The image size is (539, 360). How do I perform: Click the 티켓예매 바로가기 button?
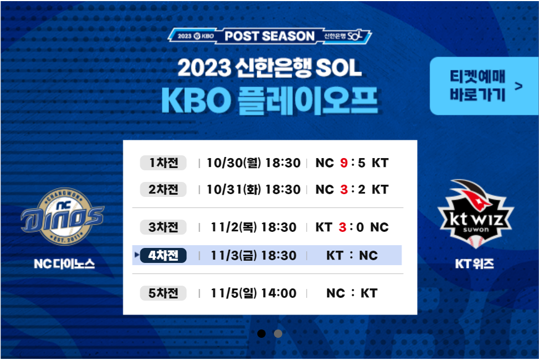484,86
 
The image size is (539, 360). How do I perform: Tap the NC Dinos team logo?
63,216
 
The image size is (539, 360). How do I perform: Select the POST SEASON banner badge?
269,36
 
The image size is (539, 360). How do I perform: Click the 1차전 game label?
163,163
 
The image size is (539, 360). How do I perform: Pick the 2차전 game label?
163,190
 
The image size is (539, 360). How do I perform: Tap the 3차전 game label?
163,227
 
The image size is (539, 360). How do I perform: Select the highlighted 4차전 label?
163,256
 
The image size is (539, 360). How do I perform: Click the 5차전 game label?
163,293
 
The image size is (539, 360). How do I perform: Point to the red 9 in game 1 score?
344,163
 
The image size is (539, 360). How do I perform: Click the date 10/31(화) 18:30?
253,190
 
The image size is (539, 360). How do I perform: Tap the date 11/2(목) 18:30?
253,227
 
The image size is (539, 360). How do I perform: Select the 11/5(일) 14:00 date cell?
253,293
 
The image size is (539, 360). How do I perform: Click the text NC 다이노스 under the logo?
64,263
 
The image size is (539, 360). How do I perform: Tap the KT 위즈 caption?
475,263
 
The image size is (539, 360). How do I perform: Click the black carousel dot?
261,333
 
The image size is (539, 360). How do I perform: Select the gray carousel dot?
278,333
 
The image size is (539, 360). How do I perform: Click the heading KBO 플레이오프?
269,100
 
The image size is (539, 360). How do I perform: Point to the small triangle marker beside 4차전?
137,255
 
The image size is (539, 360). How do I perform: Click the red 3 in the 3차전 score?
342,227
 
